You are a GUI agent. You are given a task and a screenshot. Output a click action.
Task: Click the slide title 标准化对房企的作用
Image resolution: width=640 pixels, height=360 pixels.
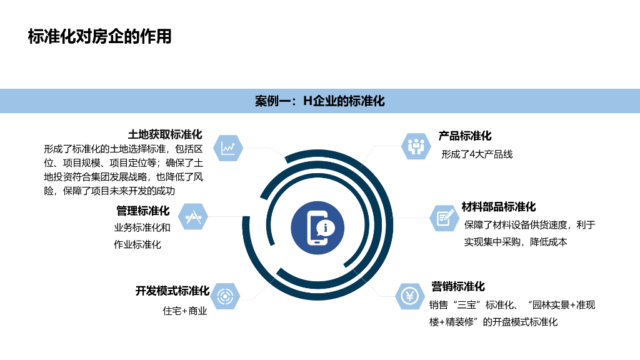tap(99, 36)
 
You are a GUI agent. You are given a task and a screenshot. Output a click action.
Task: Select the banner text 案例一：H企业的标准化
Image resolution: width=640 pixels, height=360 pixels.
tap(319, 101)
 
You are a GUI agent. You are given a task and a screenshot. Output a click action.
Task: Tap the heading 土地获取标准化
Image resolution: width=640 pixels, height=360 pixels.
tap(165, 134)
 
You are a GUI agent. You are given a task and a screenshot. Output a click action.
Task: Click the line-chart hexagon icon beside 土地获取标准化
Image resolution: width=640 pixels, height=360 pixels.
tap(227, 148)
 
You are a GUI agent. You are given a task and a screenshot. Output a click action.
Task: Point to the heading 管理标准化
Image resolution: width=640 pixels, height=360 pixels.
tap(142, 211)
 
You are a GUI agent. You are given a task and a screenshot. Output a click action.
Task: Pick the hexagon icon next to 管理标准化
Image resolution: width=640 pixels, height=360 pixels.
tap(192, 216)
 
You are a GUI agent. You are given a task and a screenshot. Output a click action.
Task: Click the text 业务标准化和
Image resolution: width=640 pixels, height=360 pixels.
tap(142, 227)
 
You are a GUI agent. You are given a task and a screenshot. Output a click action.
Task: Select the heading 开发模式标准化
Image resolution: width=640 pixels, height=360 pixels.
tap(172, 291)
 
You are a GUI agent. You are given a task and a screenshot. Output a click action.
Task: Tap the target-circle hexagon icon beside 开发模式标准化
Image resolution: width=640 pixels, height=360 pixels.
tap(223, 296)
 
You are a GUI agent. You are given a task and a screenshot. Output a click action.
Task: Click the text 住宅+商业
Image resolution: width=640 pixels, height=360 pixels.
tap(185, 311)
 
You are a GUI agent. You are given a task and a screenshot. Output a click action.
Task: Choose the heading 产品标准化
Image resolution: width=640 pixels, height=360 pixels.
tap(465, 136)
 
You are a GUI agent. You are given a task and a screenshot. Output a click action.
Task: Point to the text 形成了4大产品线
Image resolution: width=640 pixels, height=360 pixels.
tap(477, 154)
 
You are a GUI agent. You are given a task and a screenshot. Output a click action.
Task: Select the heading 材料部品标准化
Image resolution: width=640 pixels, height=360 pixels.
tap(499, 207)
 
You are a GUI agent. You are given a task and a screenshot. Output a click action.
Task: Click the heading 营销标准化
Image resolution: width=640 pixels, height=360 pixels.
tap(458, 287)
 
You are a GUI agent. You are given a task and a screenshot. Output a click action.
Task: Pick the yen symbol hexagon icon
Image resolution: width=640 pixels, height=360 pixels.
tap(410, 296)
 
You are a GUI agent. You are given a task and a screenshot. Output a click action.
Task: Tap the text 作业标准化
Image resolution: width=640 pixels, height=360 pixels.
tap(137, 244)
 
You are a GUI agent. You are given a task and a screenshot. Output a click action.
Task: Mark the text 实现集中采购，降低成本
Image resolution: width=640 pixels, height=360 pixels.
tap(516, 242)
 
